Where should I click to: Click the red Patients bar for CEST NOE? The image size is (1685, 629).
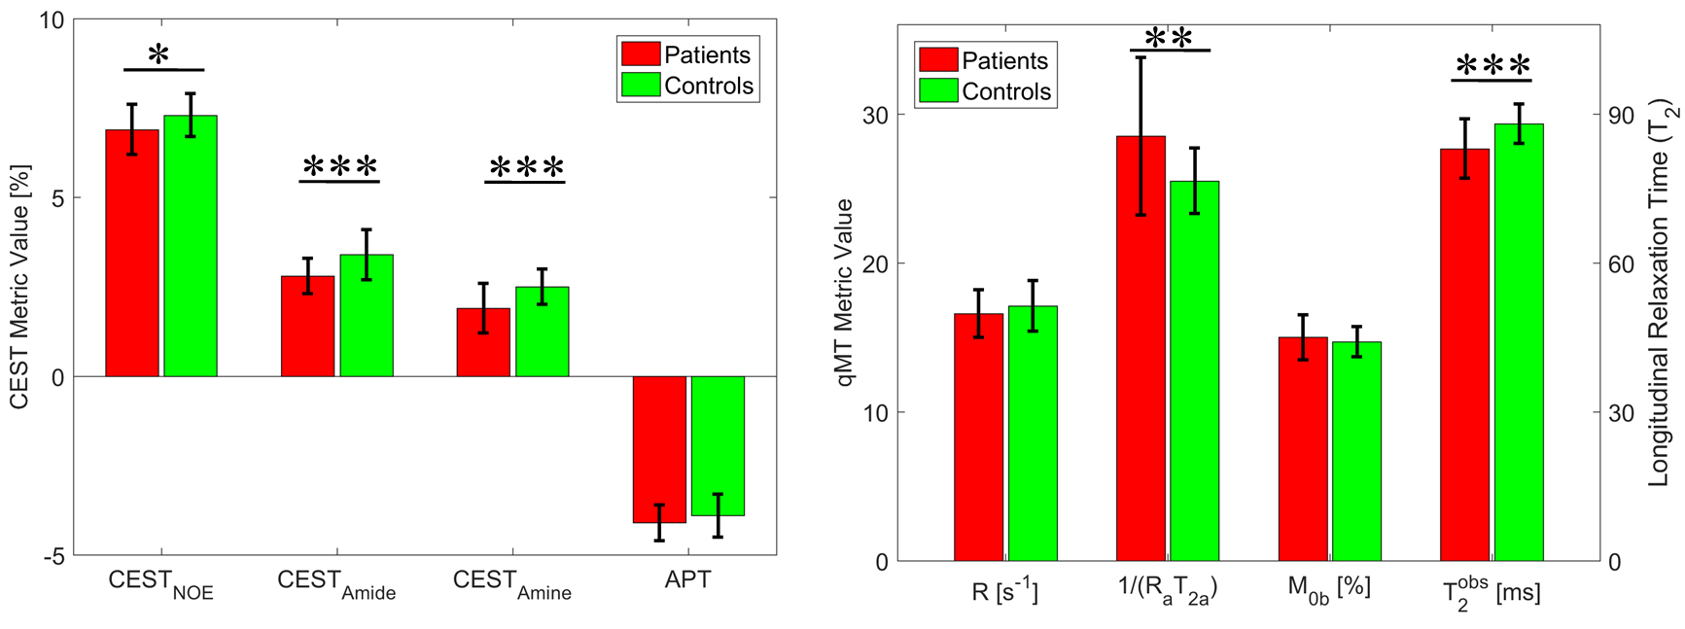(132, 253)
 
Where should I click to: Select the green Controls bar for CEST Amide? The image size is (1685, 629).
(367, 315)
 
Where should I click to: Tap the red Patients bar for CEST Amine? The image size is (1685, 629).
(483, 342)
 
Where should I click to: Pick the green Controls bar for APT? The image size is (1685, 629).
(718, 445)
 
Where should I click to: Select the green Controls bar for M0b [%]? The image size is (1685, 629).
(1356, 451)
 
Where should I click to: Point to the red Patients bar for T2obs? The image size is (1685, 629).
(1464, 355)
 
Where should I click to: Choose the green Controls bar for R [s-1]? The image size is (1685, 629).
(1033, 434)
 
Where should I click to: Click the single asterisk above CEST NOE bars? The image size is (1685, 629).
(158, 55)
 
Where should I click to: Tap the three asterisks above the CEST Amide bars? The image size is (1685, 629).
(339, 167)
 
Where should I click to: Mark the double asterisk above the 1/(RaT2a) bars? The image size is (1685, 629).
(1169, 38)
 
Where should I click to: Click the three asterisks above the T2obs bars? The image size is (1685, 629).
(1492, 67)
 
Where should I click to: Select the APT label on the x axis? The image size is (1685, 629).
(687, 580)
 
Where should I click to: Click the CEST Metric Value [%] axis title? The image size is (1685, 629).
(19, 287)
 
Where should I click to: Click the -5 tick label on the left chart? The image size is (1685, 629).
(53, 556)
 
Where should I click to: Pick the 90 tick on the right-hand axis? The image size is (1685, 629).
(1621, 115)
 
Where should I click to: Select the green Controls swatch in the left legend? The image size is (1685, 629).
(641, 85)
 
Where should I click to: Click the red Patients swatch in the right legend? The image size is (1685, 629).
(938, 59)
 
